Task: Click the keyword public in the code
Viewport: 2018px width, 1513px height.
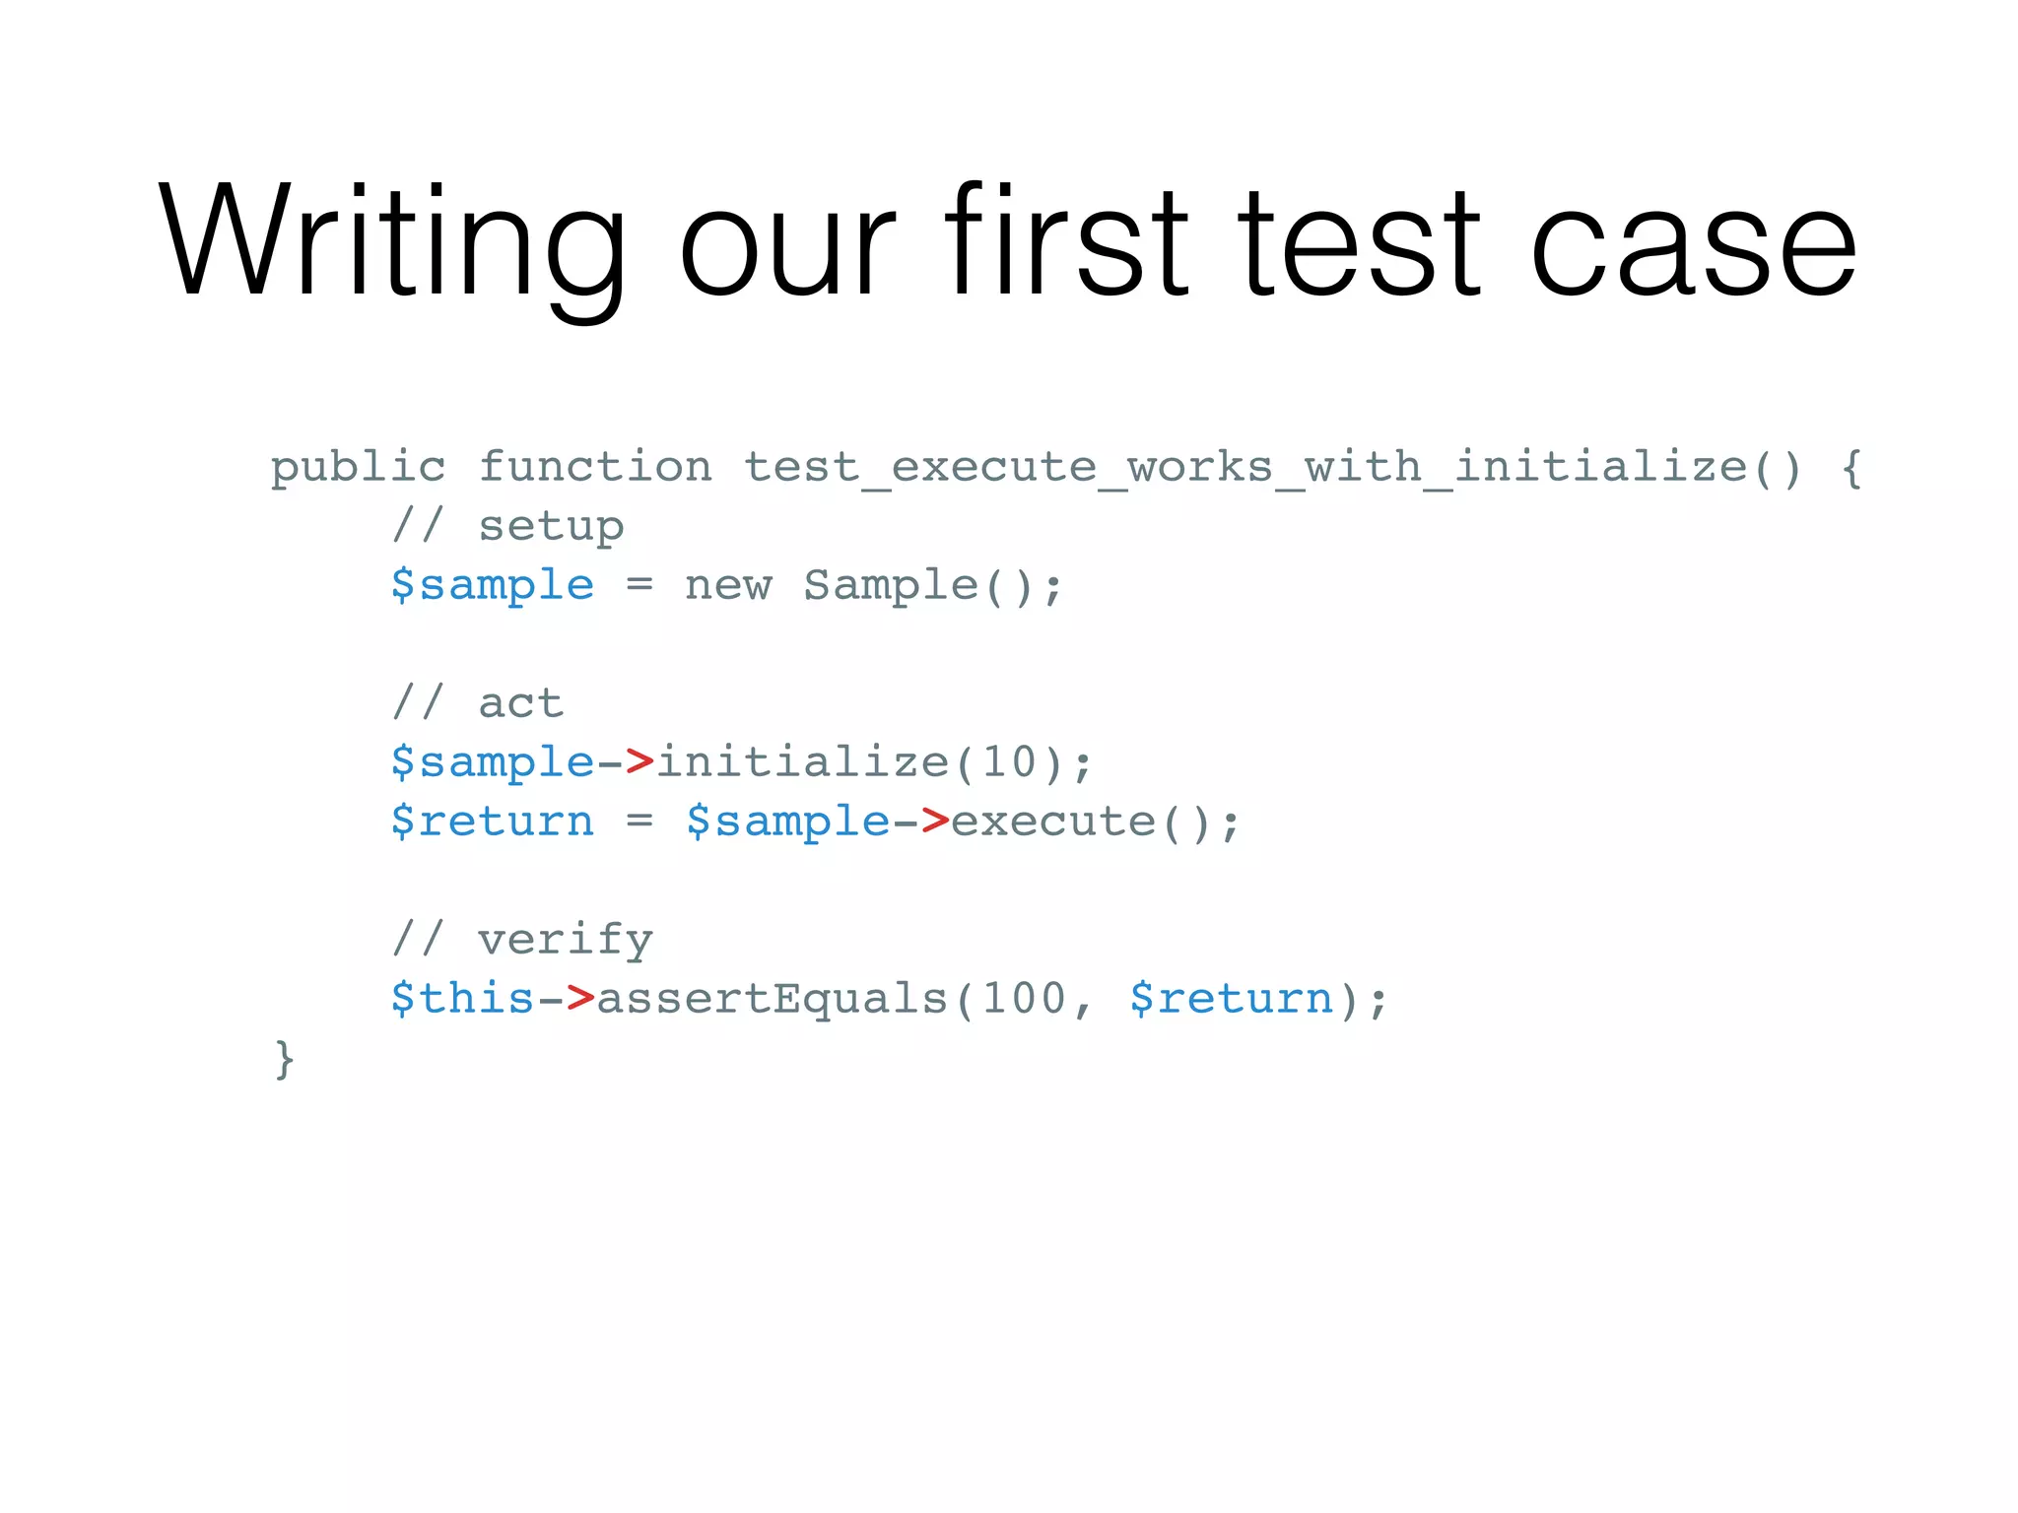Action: click(x=358, y=468)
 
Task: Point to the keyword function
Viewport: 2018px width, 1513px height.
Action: click(x=595, y=466)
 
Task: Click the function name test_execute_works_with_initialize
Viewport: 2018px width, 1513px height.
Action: click(x=1244, y=466)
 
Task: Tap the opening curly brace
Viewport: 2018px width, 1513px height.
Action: click(x=1851, y=467)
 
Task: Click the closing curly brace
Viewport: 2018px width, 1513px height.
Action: click(x=284, y=1059)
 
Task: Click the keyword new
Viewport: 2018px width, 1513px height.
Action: click(x=728, y=585)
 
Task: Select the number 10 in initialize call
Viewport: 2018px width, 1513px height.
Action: click(x=1010, y=762)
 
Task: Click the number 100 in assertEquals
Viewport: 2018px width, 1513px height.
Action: click(x=1025, y=999)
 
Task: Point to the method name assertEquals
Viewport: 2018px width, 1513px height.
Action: click(x=772, y=999)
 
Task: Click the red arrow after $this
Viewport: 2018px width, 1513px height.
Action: click(x=580, y=999)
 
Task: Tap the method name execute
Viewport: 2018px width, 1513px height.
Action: click(x=1053, y=822)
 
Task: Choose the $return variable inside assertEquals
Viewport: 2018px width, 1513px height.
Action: click(x=1231, y=999)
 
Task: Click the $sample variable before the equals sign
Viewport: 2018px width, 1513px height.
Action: click(x=493, y=585)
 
